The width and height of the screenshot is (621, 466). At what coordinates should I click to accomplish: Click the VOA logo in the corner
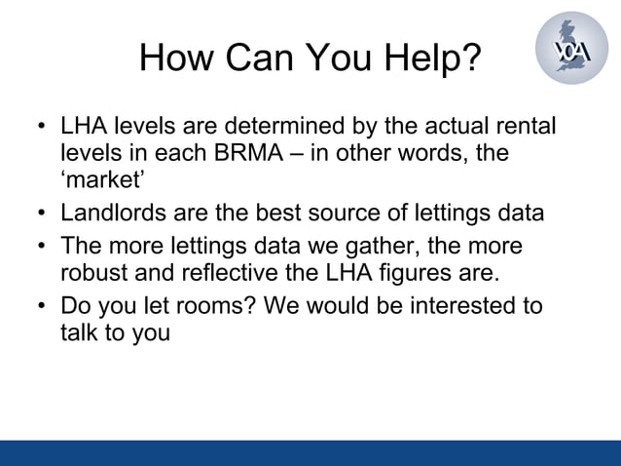pyautogui.click(x=571, y=48)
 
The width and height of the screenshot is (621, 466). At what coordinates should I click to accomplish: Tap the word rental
pyautogui.click(x=527, y=128)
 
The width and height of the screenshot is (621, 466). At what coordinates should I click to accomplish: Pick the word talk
pyautogui.click(x=80, y=332)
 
